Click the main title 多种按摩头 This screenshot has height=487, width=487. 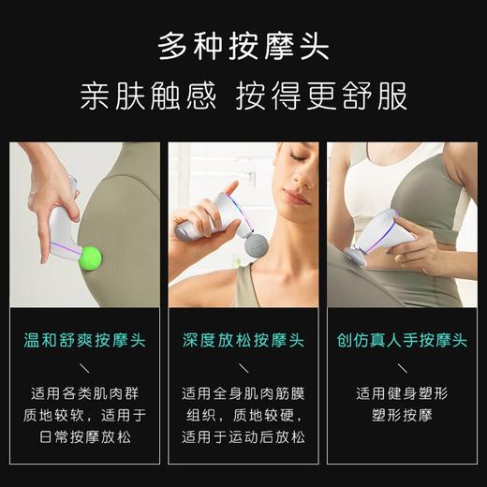(243, 45)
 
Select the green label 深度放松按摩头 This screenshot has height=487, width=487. (243, 340)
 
